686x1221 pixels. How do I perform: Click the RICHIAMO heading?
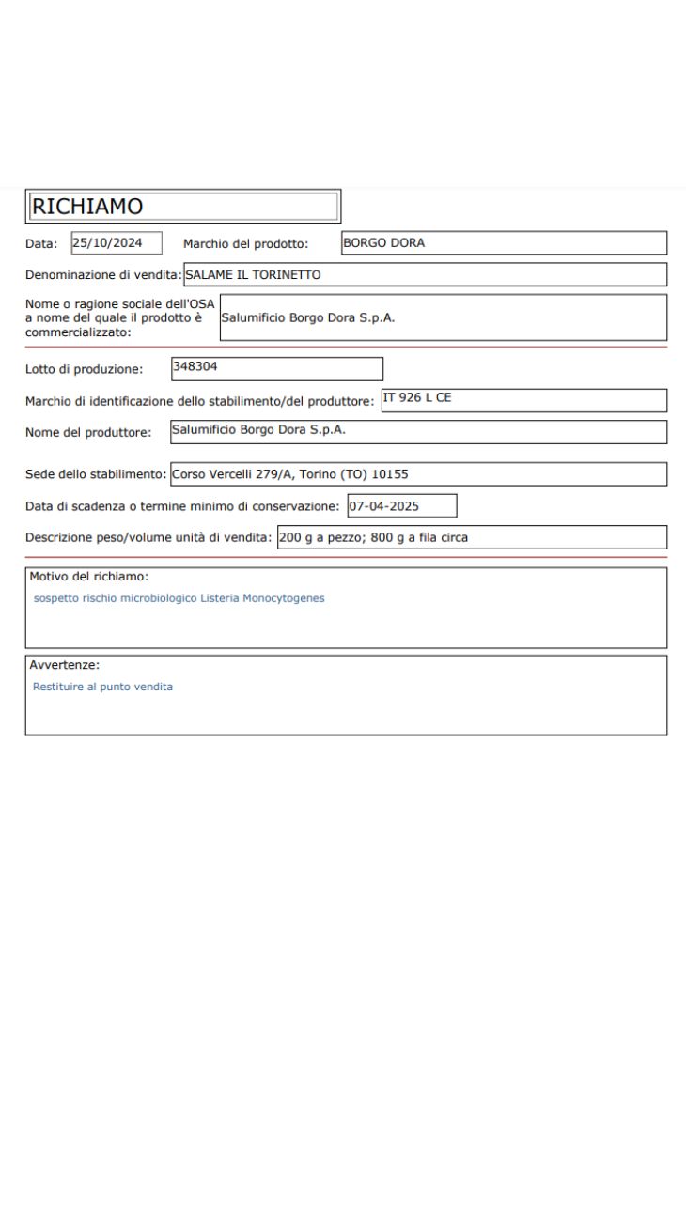pyautogui.click(x=86, y=206)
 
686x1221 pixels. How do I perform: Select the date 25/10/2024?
pyautogui.click(x=108, y=243)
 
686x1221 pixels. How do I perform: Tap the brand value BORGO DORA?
pyautogui.click(x=383, y=243)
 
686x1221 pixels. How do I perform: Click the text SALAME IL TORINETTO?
pyautogui.click(x=253, y=275)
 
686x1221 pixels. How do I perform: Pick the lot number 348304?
pyautogui.click(x=195, y=366)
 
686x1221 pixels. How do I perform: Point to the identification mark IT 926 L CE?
pyautogui.click(x=416, y=397)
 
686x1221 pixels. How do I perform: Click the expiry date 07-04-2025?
pyautogui.click(x=383, y=506)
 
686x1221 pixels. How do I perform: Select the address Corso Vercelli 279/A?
pyautogui.click(x=224, y=474)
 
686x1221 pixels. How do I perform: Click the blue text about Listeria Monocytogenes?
pyautogui.click(x=179, y=598)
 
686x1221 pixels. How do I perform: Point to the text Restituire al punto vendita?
pyautogui.click(x=102, y=687)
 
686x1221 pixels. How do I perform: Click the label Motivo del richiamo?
pyautogui.click(x=89, y=577)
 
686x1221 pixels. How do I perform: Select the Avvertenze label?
pyautogui.click(x=65, y=665)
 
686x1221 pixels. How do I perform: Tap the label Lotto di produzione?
pyautogui.click(x=84, y=369)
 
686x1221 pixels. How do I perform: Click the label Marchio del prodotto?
pyautogui.click(x=245, y=244)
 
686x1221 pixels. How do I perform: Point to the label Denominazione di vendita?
pyautogui.click(x=102, y=275)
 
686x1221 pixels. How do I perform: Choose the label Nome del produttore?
pyautogui.click(x=87, y=432)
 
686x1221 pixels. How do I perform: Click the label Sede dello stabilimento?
pyautogui.click(x=96, y=474)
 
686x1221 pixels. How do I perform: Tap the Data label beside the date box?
pyautogui.click(x=41, y=244)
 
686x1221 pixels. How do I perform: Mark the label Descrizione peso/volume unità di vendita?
pyautogui.click(x=148, y=538)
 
